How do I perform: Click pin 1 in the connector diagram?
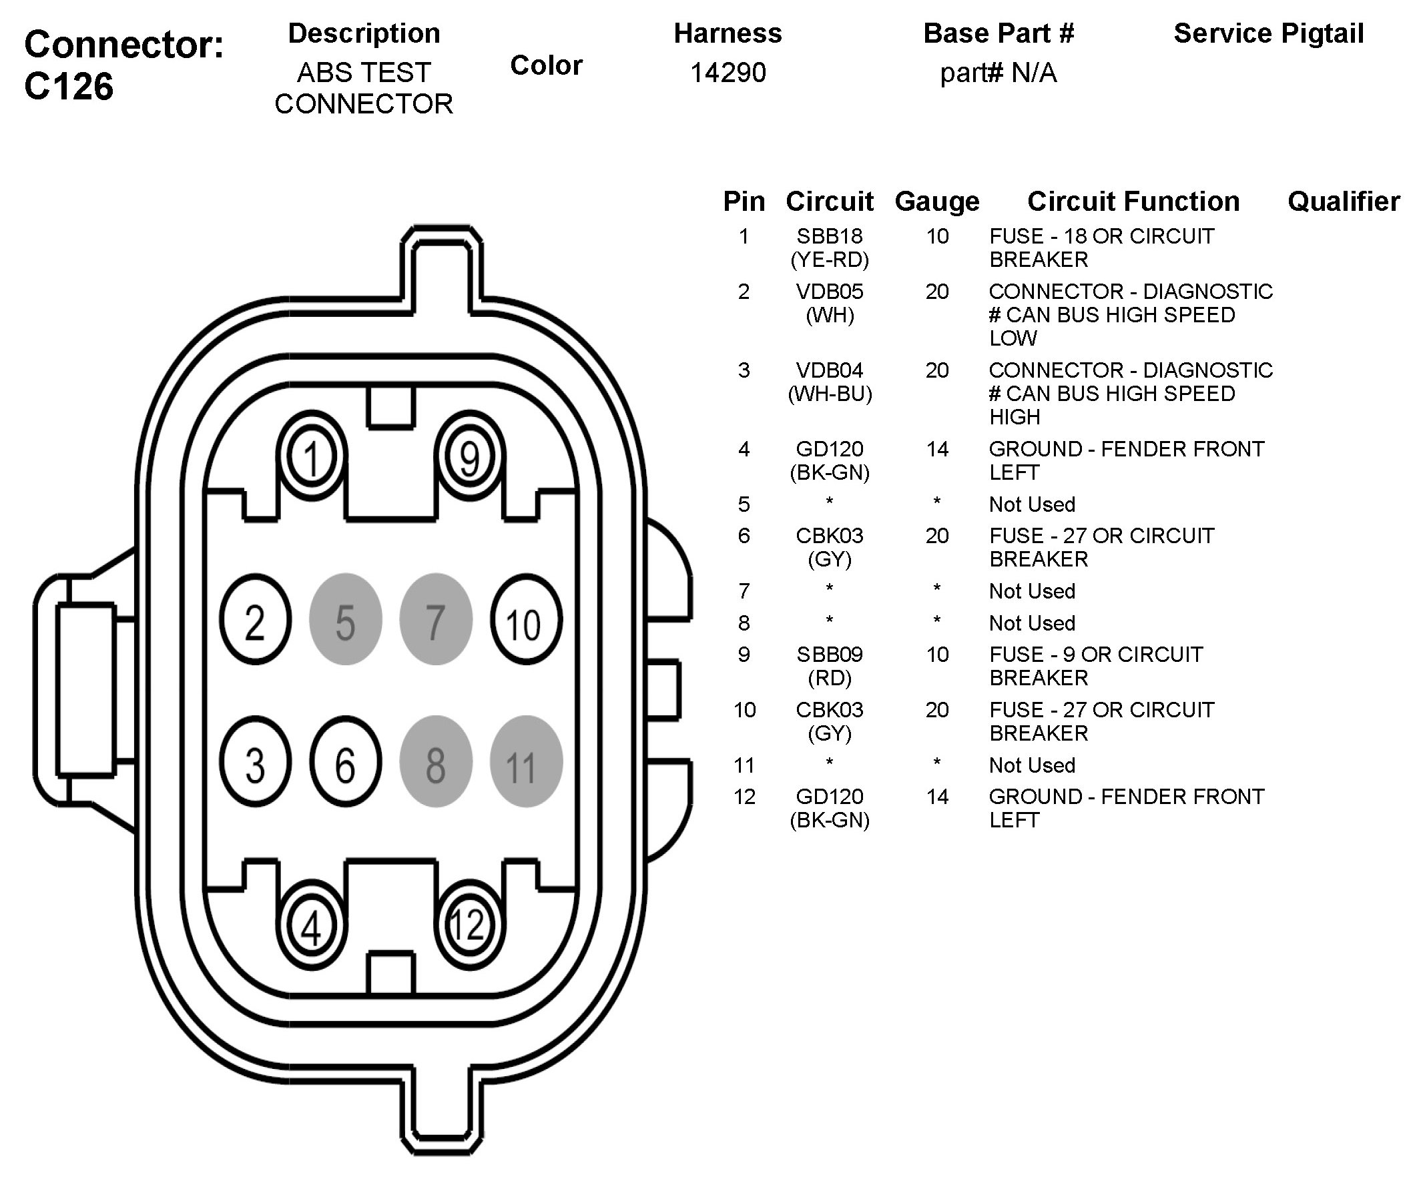311,457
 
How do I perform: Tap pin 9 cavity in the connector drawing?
470,457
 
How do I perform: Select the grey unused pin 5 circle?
346,619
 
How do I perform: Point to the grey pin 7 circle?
436,619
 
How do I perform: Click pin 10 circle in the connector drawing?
525,619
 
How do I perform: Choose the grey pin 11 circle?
525,761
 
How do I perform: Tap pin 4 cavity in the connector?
311,925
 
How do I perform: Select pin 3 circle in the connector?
256,761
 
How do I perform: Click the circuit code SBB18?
830,236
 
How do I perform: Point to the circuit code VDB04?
830,370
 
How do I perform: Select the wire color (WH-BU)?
830,394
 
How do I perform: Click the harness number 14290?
728,73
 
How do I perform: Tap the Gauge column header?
936,202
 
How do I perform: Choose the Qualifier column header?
1344,202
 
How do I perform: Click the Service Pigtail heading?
1269,33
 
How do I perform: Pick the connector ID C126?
69,87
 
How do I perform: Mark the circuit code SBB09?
830,655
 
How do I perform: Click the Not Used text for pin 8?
1032,623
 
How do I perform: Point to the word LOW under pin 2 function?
1013,338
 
